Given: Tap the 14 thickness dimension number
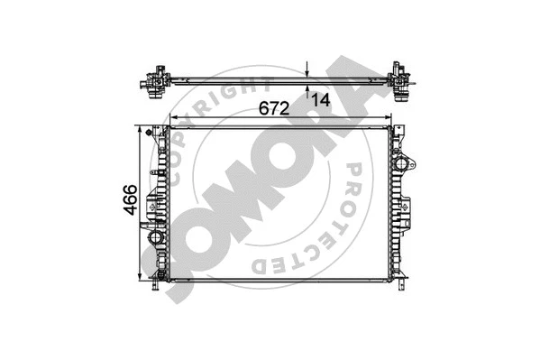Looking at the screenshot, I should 322,99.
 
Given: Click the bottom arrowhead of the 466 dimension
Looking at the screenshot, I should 141,276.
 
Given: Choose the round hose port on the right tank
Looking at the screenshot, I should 408,165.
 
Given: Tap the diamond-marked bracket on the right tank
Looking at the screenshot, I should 407,208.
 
